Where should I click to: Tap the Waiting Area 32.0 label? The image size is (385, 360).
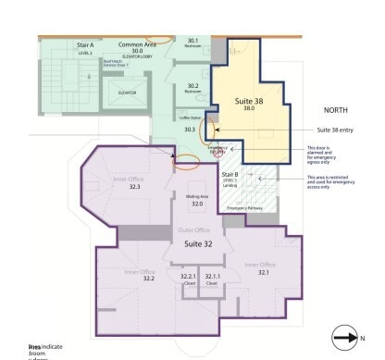point(196,200)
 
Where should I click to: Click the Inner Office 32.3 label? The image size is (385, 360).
point(135,183)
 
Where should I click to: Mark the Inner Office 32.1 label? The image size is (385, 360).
point(263,268)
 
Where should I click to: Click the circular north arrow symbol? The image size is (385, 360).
point(343,339)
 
